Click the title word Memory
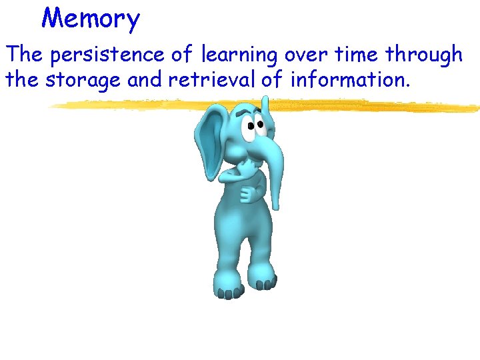pyautogui.click(x=91, y=18)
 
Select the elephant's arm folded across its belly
pyautogui.click(x=252, y=193)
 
